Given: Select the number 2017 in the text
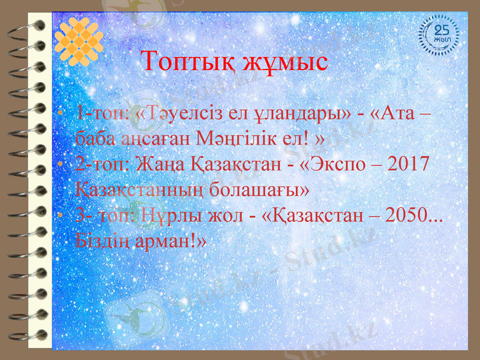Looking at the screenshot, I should coord(405,163).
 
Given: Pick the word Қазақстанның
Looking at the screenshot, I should coord(143,190).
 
